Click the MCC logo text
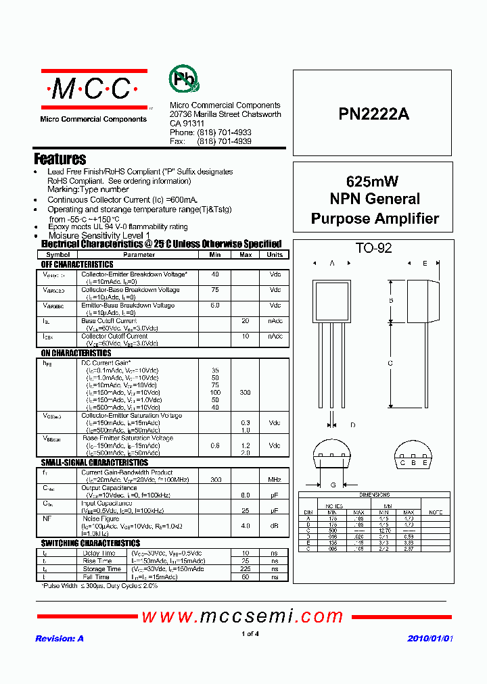[93, 89]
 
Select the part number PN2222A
[373, 114]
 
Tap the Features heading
[60, 159]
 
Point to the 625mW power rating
[372, 181]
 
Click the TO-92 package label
[374, 248]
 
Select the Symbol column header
[57, 255]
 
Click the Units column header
[275, 255]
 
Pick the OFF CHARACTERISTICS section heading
[77, 264]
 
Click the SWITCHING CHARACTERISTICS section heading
[91, 543]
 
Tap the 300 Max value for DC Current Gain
[246, 393]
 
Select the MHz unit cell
[275, 479]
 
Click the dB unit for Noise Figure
[275, 525]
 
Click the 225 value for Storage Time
[246, 569]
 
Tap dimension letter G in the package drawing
[333, 485]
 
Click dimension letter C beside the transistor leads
[390, 363]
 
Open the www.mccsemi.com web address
[243, 616]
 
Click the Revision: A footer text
[59, 639]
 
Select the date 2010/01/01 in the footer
[430, 639]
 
